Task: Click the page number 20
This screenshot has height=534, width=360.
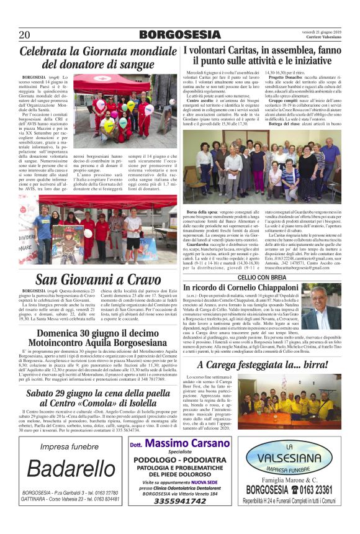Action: point(25,35)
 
